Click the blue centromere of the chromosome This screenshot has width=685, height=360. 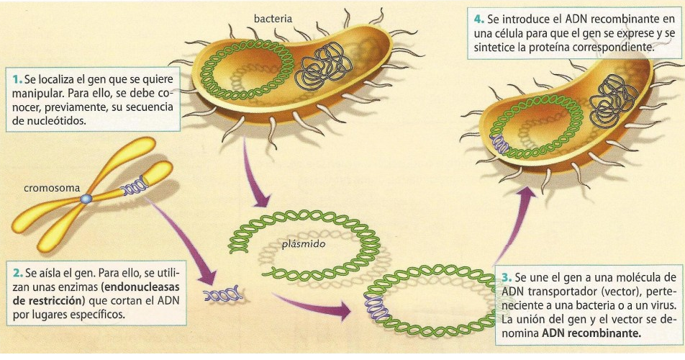86,199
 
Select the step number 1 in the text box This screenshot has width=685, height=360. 17,77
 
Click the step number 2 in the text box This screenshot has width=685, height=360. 17,274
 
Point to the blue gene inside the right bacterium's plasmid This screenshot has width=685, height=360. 499,145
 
